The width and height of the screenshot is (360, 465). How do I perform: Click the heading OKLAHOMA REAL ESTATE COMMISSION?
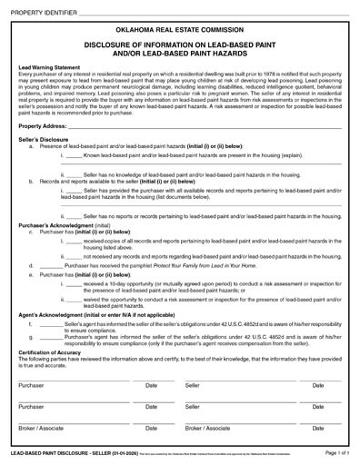pos(180,30)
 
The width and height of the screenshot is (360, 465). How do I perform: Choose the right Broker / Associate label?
pos(208,427)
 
